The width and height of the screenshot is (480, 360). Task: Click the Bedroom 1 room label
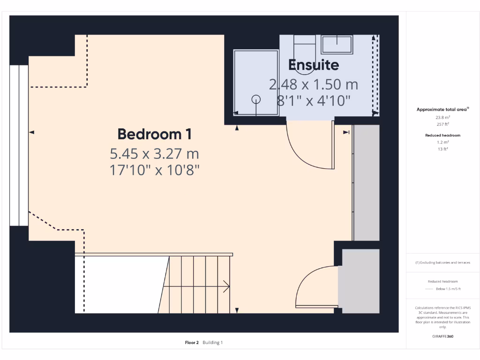click(x=154, y=134)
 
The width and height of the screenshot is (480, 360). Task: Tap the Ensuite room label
click(x=313, y=65)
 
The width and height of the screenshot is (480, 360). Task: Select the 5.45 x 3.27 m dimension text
click(x=154, y=153)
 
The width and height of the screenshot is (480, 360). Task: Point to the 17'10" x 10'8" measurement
click(x=154, y=170)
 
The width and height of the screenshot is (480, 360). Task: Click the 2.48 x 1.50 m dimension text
click(x=313, y=85)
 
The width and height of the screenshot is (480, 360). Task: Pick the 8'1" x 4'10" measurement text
click(x=313, y=101)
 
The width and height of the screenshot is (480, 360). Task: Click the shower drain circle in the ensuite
click(x=256, y=99)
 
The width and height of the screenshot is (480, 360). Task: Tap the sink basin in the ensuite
click(x=337, y=45)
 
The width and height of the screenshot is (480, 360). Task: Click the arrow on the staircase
click(x=226, y=286)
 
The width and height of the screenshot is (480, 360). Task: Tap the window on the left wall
click(x=19, y=145)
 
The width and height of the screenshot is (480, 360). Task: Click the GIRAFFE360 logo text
click(x=443, y=336)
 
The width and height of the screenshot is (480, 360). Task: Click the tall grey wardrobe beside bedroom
click(x=366, y=183)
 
